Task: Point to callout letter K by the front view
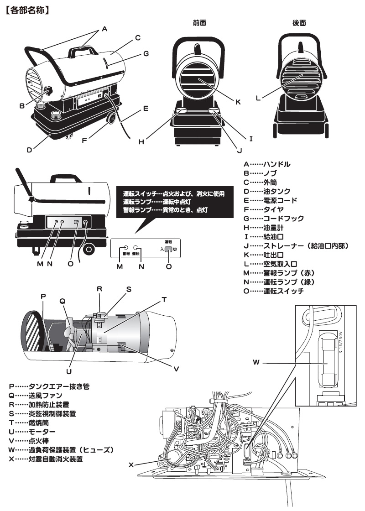(x=238, y=102)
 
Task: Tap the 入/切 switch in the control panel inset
(x=168, y=250)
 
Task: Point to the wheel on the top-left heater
(x=110, y=119)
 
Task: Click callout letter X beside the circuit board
(x=131, y=465)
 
